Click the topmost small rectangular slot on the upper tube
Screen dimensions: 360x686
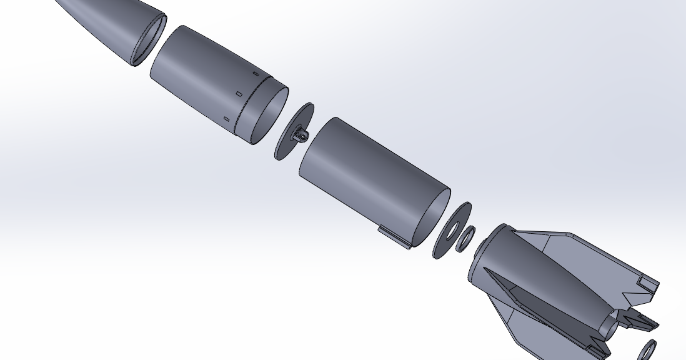point(256,74)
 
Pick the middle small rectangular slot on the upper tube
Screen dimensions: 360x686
point(239,94)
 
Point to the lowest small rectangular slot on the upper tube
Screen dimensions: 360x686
point(226,119)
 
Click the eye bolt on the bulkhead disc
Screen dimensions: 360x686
point(301,136)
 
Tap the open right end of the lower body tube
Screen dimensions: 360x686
point(430,216)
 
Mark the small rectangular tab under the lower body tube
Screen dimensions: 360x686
point(394,238)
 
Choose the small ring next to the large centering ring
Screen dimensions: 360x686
point(465,239)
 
